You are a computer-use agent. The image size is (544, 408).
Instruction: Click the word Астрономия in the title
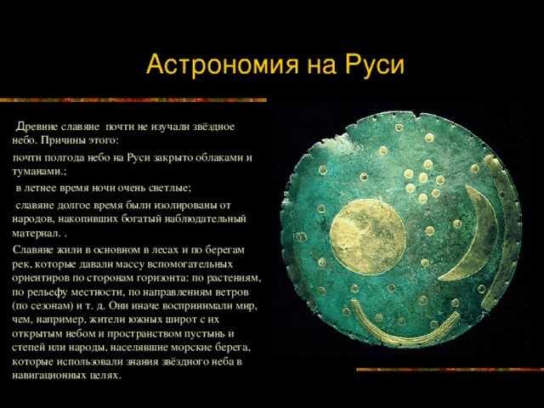pyautogui.click(x=223, y=65)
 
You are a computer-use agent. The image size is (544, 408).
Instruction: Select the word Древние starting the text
pyautogui.click(x=37, y=127)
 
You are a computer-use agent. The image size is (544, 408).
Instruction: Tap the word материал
pyautogui.click(x=36, y=233)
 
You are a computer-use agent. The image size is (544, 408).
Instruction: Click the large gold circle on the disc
pyautogui.click(x=368, y=237)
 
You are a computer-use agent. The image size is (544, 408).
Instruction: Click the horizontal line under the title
pyautogui.click(x=133, y=100)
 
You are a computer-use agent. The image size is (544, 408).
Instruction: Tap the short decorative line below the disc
pyautogui.click(x=450, y=370)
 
